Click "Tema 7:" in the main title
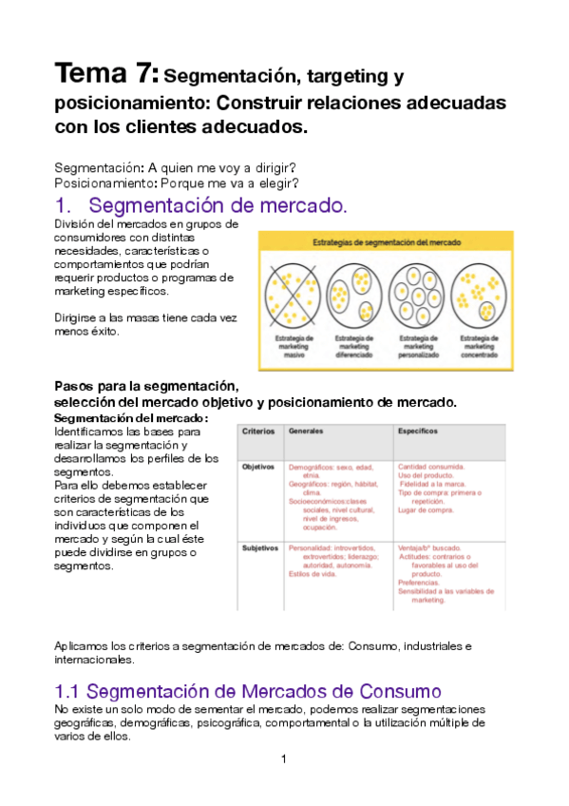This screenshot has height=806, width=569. point(107,73)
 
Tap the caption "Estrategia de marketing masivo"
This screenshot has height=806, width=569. point(292,346)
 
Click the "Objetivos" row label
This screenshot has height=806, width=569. point(258,468)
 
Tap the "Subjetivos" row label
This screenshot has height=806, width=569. point(259,548)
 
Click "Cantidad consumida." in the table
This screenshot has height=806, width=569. point(431,468)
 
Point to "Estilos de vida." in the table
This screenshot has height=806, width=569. point(314,573)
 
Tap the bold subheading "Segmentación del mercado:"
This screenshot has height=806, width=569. point(130,419)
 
